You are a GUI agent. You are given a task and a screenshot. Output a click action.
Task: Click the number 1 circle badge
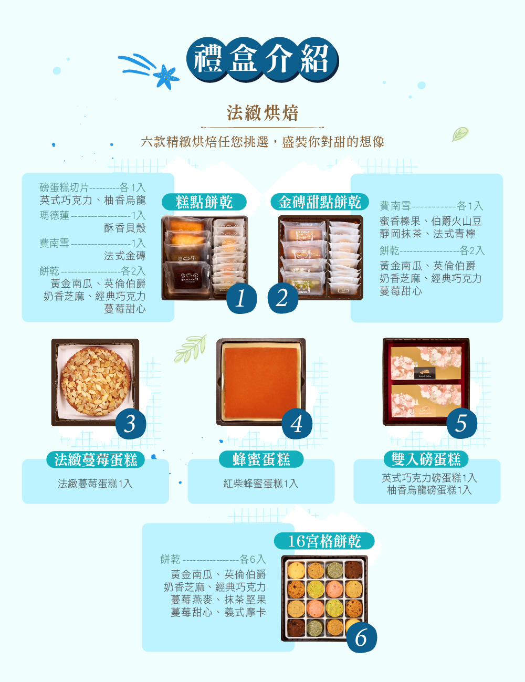pyautogui.click(x=241, y=298)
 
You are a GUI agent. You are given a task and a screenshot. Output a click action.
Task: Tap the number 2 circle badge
pyautogui.click(x=283, y=298)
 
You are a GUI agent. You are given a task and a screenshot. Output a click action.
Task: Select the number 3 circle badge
pyautogui.click(x=131, y=424)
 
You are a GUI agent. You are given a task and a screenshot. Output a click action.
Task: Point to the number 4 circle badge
pyautogui.click(x=297, y=424)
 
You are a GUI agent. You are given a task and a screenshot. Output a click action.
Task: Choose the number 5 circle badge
pyautogui.click(x=461, y=423)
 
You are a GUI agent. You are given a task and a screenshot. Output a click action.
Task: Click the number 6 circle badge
pyautogui.click(x=362, y=637)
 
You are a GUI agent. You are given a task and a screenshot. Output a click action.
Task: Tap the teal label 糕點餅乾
pyautogui.click(x=204, y=202)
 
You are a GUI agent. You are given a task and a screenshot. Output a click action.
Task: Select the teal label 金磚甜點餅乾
pyautogui.click(x=319, y=202)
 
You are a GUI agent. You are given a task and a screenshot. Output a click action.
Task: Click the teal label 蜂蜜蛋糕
pyautogui.click(x=261, y=459)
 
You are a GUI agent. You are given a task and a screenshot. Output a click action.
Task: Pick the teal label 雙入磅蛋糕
pyautogui.click(x=426, y=459)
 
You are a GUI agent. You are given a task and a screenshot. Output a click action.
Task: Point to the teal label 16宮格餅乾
pyautogui.click(x=324, y=541)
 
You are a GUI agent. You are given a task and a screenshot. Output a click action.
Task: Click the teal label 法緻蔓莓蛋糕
pyautogui.click(x=96, y=459)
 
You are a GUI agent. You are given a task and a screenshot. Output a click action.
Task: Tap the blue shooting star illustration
pyautogui.click(x=149, y=71)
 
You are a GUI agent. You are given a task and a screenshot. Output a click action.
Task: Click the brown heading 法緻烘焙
pyautogui.click(x=262, y=113)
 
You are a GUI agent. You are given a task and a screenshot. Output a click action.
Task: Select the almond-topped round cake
pyautogui.click(x=95, y=381)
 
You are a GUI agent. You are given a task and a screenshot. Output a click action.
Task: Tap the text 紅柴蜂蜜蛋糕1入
pyautogui.click(x=261, y=484)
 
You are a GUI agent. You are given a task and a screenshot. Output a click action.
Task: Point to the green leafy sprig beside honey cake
pyautogui.click(x=191, y=349)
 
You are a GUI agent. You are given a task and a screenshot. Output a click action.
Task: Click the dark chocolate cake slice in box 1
pyautogui.click(x=186, y=275)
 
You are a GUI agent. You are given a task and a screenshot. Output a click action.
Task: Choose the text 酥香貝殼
pyautogui.click(x=125, y=228)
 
